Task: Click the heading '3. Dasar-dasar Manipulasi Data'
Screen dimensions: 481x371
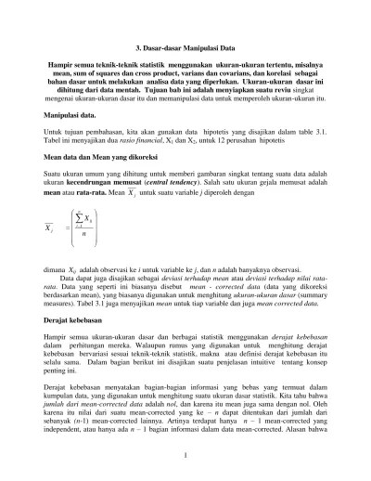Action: tap(185, 45)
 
